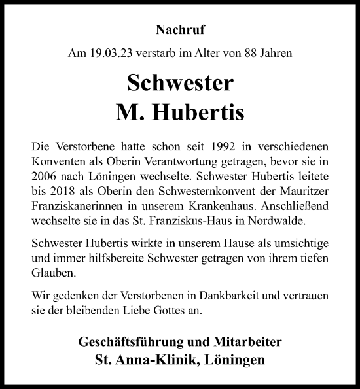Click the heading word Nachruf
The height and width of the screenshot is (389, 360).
click(x=180, y=29)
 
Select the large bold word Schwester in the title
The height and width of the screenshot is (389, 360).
click(x=180, y=83)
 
